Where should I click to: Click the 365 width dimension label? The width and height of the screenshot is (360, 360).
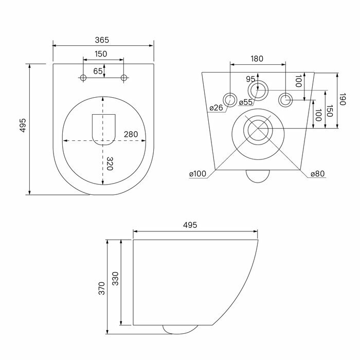point(102,40)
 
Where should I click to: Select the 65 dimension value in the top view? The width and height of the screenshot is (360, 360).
point(98,71)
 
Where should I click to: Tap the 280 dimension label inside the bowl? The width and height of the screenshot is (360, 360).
point(131,134)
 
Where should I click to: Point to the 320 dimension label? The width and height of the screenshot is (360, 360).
point(110,164)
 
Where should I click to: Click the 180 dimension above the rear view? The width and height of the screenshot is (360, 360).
point(257,59)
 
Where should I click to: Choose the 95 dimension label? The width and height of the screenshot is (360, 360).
point(250,79)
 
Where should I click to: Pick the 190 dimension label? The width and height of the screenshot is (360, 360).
point(342,99)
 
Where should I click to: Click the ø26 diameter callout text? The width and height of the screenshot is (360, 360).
point(217,107)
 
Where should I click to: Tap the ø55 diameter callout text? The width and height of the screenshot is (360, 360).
point(246,102)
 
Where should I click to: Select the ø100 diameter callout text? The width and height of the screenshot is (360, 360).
point(197,174)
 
